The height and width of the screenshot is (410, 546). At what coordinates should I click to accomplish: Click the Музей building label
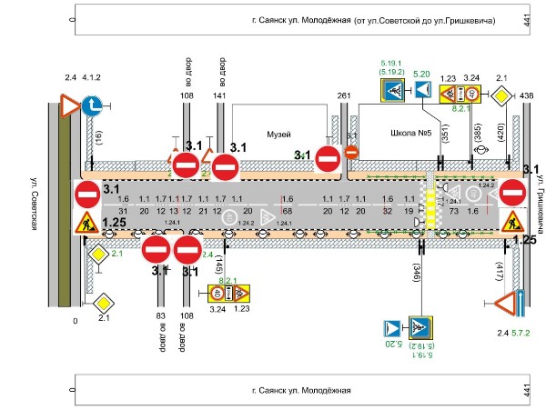277,133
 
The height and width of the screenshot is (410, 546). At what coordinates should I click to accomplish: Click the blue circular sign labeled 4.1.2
92,106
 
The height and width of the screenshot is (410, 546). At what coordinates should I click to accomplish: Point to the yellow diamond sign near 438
501,100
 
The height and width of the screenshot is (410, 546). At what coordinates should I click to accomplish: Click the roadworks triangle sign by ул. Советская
85,221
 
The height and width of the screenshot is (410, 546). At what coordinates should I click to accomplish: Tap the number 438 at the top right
527,95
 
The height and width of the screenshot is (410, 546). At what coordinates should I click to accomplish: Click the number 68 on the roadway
288,211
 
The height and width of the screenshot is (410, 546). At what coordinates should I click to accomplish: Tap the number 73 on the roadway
452,211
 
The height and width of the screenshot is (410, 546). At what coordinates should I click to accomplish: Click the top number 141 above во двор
219,95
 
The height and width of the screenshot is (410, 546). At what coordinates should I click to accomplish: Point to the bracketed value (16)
98,137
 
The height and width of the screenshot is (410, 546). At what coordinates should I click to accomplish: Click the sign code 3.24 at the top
471,78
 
